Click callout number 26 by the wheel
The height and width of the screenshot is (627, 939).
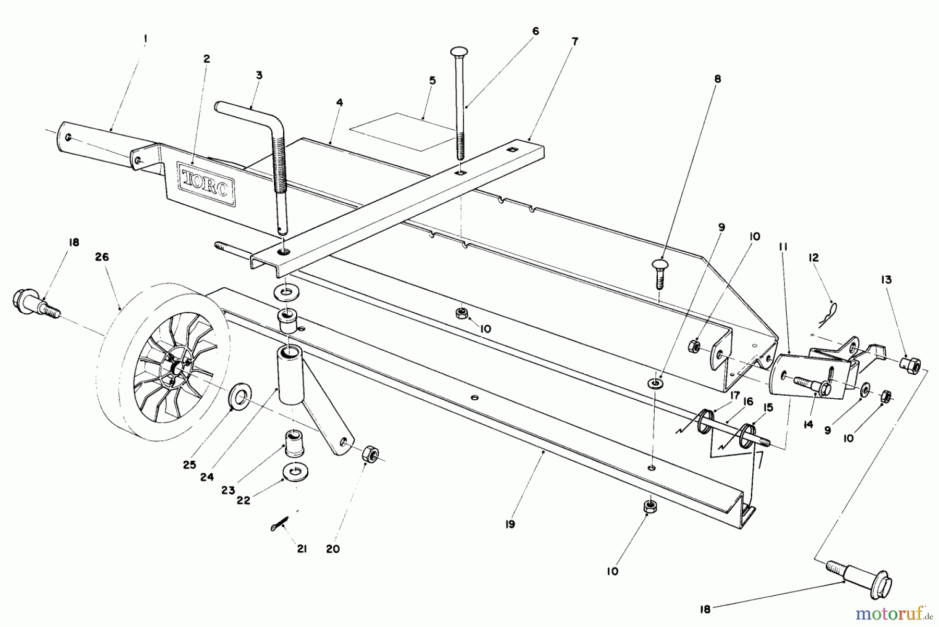click(102, 257)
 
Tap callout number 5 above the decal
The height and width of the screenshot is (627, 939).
click(432, 81)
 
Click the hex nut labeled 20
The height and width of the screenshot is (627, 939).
click(370, 454)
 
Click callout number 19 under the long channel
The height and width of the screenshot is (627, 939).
click(510, 524)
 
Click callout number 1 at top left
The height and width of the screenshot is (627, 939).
click(146, 38)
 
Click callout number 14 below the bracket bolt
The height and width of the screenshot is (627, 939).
click(808, 425)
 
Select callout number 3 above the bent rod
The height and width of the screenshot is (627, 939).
click(259, 75)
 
